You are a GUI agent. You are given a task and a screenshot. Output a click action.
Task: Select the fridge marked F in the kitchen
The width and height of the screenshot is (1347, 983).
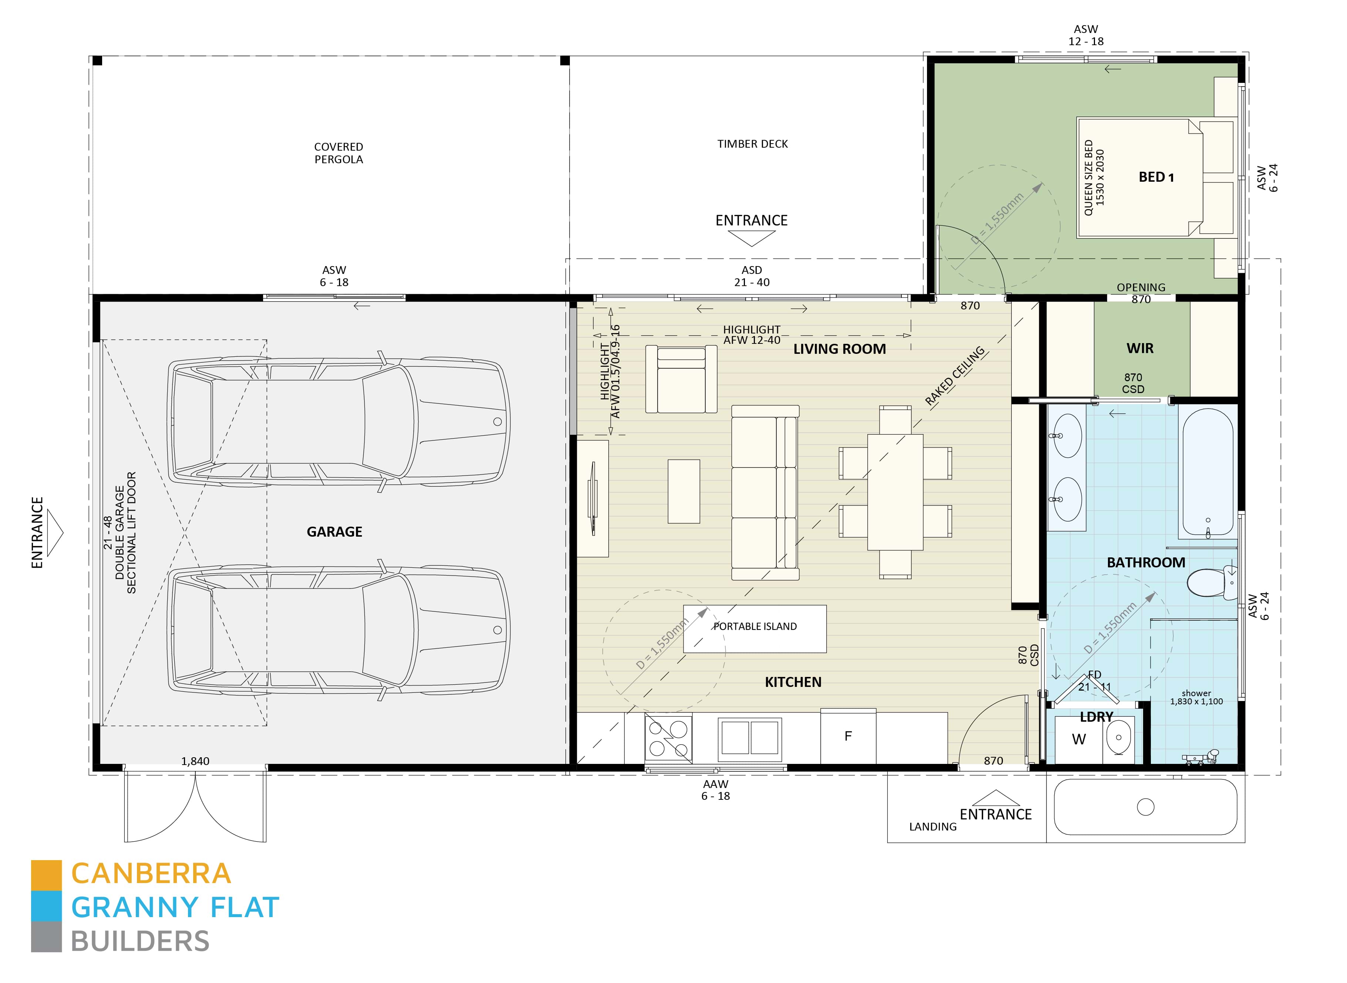pyautogui.click(x=848, y=736)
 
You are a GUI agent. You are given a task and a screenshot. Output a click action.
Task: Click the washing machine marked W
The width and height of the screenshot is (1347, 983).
pyautogui.click(x=1078, y=739)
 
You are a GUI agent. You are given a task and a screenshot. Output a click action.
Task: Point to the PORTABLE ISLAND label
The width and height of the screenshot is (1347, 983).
pyautogui.click(x=755, y=627)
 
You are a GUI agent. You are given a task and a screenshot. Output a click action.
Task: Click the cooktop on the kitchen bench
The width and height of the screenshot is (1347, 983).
pyautogui.click(x=668, y=738)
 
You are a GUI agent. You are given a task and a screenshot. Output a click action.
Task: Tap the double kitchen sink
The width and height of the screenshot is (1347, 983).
pyautogui.click(x=750, y=738)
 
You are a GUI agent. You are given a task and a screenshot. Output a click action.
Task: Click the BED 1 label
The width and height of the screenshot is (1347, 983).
pyautogui.click(x=1155, y=177)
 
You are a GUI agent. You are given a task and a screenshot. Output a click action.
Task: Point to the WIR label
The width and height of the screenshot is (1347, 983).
pyautogui.click(x=1139, y=349)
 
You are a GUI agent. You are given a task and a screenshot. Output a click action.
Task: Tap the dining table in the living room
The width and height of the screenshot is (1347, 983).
pyautogui.click(x=895, y=492)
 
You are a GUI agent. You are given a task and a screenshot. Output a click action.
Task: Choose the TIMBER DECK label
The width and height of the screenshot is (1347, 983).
pyautogui.click(x=752, y=144)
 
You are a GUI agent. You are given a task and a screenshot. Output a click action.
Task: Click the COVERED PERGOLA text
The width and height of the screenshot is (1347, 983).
pyautogui.click(x=339, y=153)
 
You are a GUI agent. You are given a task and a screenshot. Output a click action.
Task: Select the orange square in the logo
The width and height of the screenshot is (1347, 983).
pyautogui.click(x=46, y=875)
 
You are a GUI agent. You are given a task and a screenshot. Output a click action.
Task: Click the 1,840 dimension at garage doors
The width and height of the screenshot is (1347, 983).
pyautogui.click(x=195, y=761)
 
